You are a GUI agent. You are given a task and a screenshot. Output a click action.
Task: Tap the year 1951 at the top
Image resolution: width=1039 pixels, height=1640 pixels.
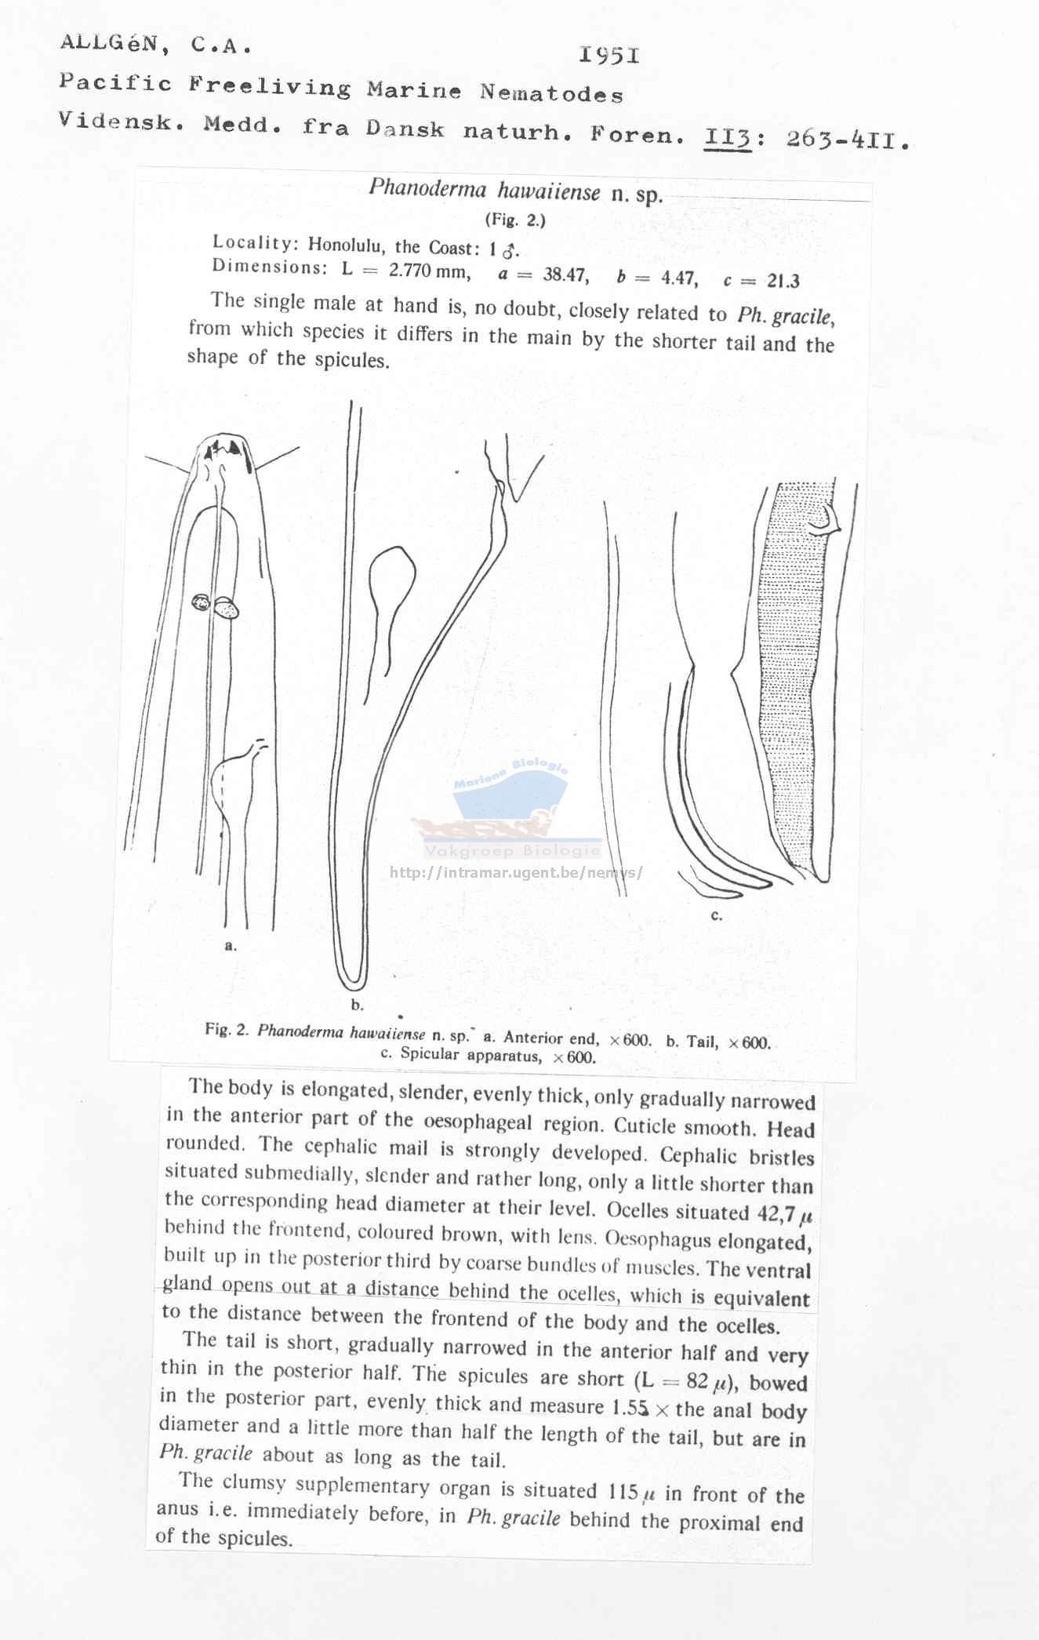coord(609,55)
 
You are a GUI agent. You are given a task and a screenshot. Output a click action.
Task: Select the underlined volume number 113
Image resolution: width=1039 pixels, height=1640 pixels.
coord(728,138)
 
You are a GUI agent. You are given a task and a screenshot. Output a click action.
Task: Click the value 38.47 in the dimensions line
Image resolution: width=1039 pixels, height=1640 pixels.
coord(565,275)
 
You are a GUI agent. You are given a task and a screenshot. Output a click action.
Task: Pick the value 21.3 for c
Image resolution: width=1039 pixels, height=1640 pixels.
coord(782,281)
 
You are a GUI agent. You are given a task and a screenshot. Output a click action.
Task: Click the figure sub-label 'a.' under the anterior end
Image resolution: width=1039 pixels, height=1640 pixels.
coord(230,946)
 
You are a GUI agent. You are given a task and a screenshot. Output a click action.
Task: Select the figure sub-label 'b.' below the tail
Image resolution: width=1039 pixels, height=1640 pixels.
coord(357,1005)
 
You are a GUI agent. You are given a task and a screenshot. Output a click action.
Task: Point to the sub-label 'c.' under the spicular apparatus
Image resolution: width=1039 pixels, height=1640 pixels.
coord(715,915)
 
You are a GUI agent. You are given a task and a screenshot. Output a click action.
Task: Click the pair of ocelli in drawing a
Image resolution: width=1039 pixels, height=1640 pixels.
coord(215,605)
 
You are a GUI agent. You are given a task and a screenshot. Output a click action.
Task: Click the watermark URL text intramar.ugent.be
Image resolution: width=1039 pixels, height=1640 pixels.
coord(515,872)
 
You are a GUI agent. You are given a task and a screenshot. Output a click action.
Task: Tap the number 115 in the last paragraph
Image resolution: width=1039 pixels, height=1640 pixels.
coord(623,1490)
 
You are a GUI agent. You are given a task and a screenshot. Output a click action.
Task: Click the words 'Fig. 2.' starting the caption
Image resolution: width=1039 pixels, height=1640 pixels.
coord(227,1029)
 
